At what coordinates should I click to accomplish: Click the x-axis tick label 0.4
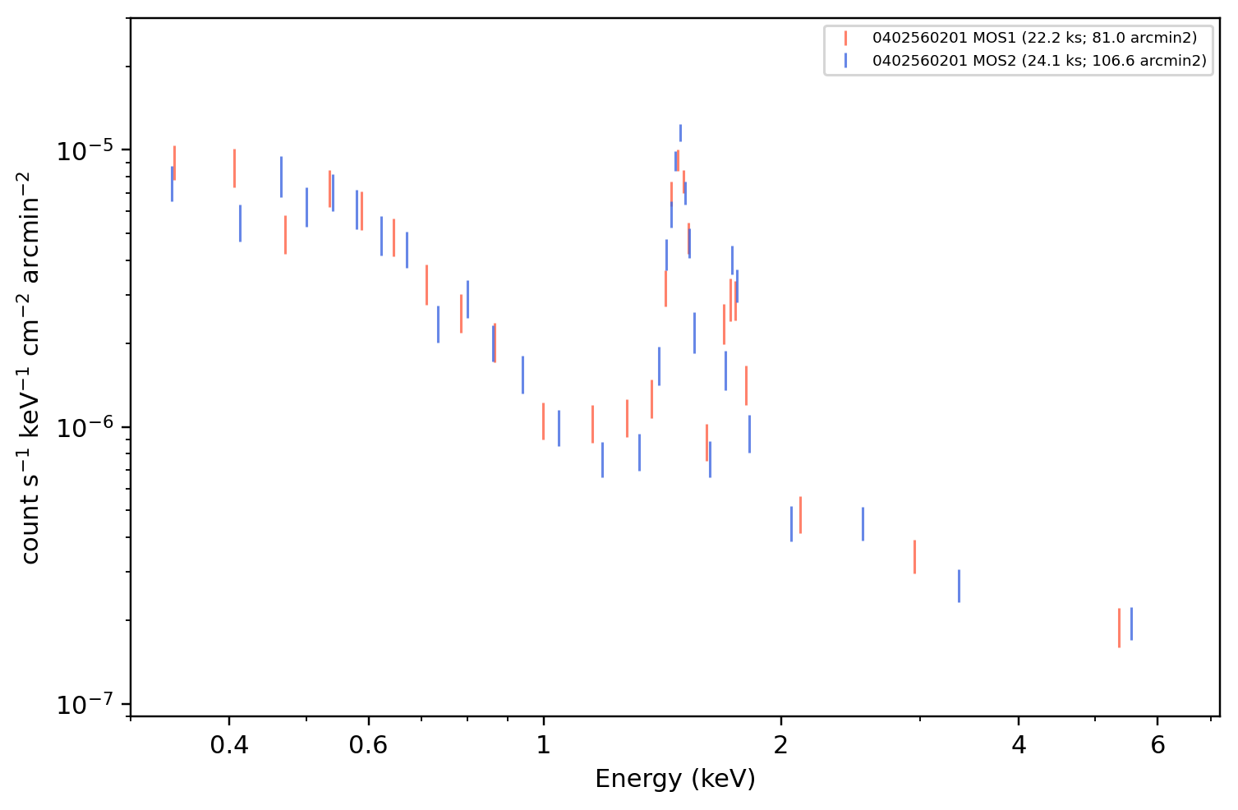coord(229,745)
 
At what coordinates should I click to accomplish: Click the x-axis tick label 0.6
coord(368,745)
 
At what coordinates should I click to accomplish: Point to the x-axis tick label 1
coord(544,745)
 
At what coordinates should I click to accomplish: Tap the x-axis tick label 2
coord(780,745)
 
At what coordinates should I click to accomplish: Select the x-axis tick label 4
coord(1019,745)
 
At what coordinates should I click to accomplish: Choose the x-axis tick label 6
coord(1157,745)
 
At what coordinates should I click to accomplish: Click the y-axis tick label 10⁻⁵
coord(85,151)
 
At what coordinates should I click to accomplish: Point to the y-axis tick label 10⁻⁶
coord(85,428)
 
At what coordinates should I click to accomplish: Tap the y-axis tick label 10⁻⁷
coord(85,705)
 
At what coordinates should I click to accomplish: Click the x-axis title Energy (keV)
coord(674,779)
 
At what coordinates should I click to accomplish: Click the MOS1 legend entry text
coord(1034,38)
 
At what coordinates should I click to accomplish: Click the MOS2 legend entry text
coord(1039,60)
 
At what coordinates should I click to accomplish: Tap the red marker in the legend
coord(845,38)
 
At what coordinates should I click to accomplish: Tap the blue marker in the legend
coord(845,61)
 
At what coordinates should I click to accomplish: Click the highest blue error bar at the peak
coord(680,133)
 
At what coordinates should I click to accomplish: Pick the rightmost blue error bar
coord(1131,624)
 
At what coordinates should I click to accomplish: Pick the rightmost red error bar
coord(1119,628)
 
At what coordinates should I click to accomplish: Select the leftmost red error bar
coord(175,163)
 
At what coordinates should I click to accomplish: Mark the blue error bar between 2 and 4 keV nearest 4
coord(959,586)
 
